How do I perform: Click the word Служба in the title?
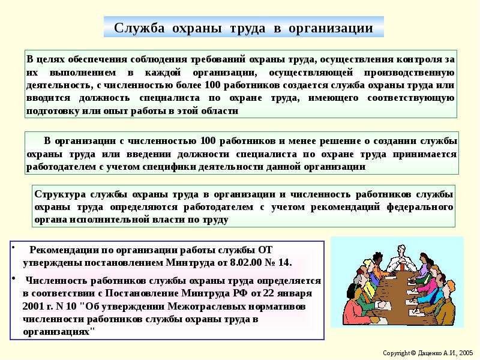click(x=139, y=28)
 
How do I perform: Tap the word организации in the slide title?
click(x=331, y=28)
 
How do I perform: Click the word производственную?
click(x=409, y=73)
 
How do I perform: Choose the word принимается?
click(x=425, y=154)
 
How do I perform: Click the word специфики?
click(x=169, y=167)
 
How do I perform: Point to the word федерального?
click(x=420, y=207)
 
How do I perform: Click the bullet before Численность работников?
click(x=13, y=278)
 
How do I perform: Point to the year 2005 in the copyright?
click(x=466, y=353)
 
